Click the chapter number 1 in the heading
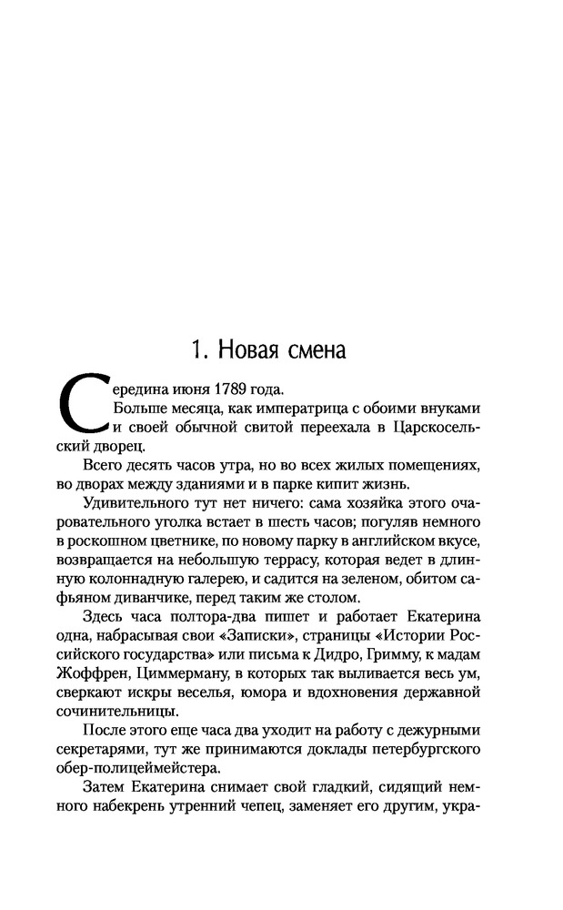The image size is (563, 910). tap(196, 349)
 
